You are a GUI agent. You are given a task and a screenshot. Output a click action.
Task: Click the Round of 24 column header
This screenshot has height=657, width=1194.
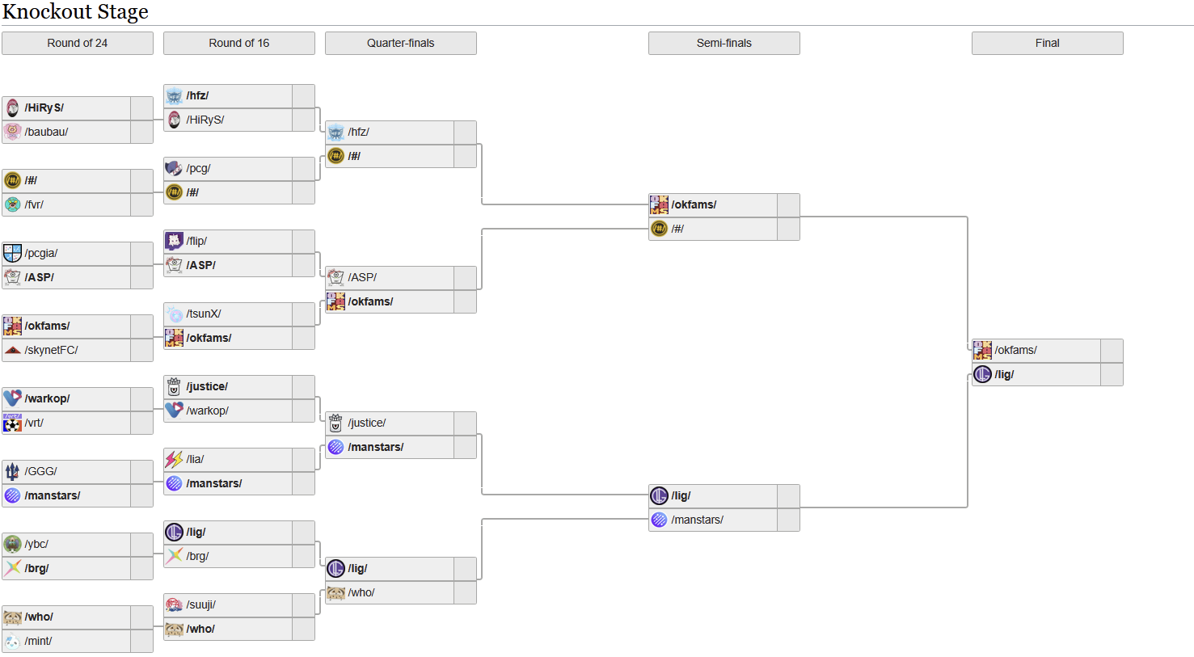pyautogui.click(x=77, y=43)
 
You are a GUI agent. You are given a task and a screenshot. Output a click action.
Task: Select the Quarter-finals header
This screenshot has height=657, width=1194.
pyautogui.click(x=400, y=43)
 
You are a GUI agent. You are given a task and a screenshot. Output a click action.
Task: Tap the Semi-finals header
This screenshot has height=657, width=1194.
pyautogui.click(x=724, y=43)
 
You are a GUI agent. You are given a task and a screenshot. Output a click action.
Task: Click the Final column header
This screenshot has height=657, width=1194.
pyautogui.click(x=1047, y=43)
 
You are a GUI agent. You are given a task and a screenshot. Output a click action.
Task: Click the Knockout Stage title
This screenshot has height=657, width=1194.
pyautogui.click(x=75, y=12)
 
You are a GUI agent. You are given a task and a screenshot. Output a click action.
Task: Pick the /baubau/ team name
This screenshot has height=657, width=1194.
pyautogui.click(x=46, y=132)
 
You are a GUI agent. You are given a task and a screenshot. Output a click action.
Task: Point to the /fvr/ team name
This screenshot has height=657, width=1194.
pyautogui.click(x=34, y=204)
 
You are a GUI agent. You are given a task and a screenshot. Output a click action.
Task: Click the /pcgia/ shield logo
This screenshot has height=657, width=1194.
pyautogui.click(x=12, y=253)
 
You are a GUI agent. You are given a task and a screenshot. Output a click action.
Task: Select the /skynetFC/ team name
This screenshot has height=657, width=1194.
pyautogui.click(x=51, y=350)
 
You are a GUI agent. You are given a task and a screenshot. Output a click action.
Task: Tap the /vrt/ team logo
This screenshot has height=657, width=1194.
pyautogui.click(x=12, y=423)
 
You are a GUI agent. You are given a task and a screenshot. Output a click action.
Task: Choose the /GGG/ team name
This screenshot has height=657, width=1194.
pyautogui.click(x=40, y=471)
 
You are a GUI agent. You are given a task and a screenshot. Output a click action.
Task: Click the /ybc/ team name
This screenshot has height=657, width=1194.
pyautogui.click(x=36, y=544)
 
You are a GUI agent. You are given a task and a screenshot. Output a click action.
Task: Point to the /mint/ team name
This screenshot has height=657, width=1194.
pyautogui.click(x=38, y=641)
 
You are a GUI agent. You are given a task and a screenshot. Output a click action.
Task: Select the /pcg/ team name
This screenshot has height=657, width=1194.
pyautogui.click(x=198, y=168)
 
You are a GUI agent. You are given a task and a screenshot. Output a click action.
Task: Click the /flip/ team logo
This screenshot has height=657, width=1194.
pyautogui.click(x=174, y=241)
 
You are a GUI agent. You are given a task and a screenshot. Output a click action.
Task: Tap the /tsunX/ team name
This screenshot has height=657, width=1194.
pyautogui.click(x=204, y=314)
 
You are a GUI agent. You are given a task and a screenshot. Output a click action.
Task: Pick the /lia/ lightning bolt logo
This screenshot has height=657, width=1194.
pyautogui.click(x=174, y=459)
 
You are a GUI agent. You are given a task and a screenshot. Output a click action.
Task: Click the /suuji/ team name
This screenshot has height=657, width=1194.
pyautogui.click(x=200, y=604)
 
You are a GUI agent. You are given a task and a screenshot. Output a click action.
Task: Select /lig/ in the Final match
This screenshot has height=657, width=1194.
pyautogui.click(x=1004, y=374)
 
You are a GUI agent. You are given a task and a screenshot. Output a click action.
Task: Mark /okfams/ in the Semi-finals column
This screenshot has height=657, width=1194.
pyautogui.click(x=694, y=204)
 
